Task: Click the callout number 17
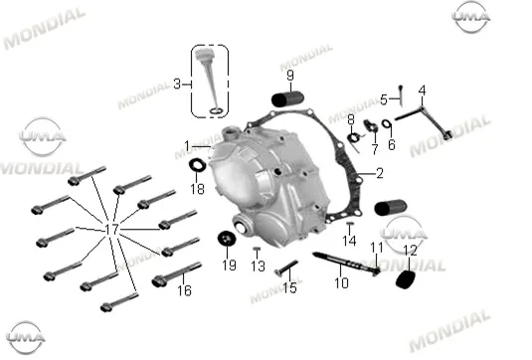111,230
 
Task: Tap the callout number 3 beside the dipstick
177,84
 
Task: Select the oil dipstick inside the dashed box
210,82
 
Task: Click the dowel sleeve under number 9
287,98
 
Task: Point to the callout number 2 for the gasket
379,173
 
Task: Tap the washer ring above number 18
197,165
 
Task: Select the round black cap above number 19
227,239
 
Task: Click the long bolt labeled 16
177,273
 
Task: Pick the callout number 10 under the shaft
341,282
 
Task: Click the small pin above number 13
257,249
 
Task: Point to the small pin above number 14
350,224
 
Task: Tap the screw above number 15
286,268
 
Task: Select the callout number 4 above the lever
422,90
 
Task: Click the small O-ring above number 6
386,123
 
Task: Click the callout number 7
375,148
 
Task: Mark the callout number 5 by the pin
384,100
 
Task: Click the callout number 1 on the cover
187,146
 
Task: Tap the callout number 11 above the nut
377,248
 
